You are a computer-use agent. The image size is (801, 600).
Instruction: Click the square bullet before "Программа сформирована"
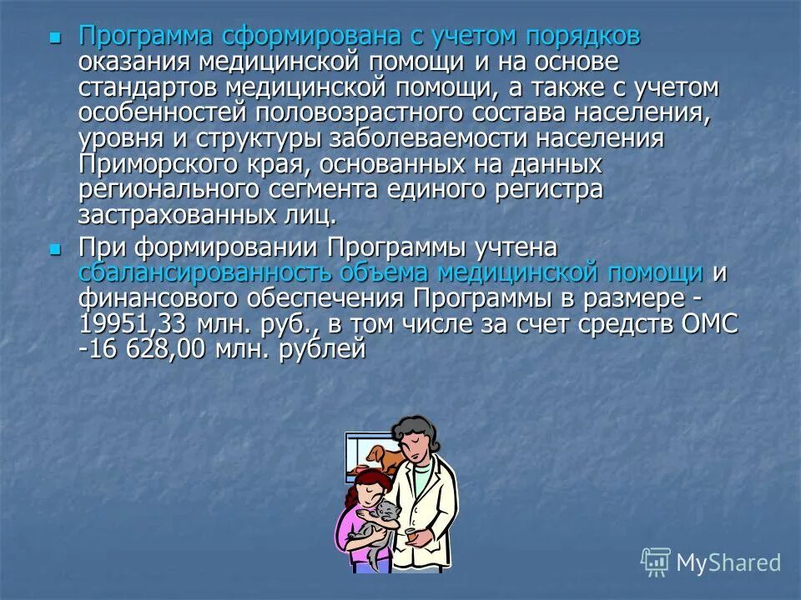click(x=55, y=37)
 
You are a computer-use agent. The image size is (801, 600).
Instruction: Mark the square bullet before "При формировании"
click(x=55, y=248)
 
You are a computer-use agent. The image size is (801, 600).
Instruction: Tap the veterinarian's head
click(x=415, y=439)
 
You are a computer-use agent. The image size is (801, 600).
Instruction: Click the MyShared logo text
click(x=728, y=562)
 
